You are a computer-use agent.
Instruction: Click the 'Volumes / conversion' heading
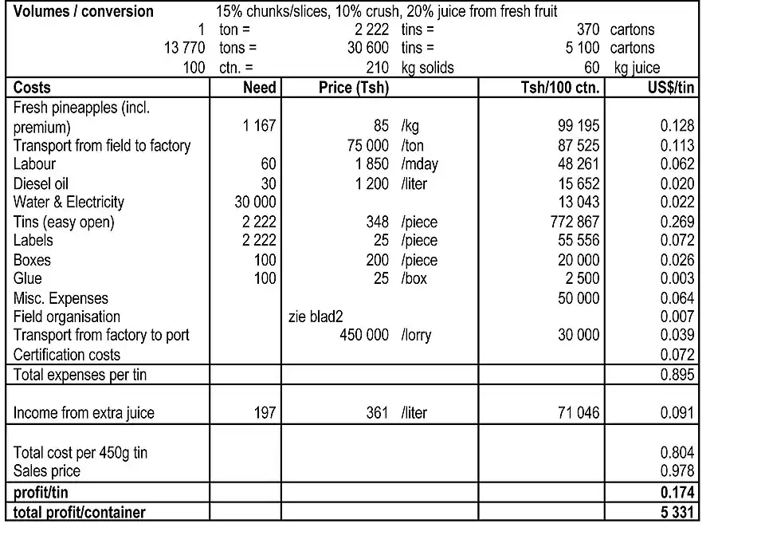click(x=84, y=11)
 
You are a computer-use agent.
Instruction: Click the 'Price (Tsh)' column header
click(x=353, y=88)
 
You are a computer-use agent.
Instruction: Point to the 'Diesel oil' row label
click(x=41, y=183)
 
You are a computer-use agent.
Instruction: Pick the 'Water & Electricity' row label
click(x=69, y=203)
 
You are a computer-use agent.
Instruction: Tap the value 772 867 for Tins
click(x=575, y=222)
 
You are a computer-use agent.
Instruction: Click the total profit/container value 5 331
click(x=677, y=512)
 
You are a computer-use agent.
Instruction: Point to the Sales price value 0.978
click(x=677, y=471)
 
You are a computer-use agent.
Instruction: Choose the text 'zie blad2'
click(x=316, y=317)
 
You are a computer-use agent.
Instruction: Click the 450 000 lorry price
click(x=364, y=336)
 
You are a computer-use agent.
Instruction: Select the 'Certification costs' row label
click(x=67, y=355)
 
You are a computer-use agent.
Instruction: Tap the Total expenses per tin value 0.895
click(x=677, y=375)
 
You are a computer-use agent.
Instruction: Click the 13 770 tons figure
click(x=184, y=48)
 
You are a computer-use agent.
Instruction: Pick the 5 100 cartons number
click(x=583, y=48)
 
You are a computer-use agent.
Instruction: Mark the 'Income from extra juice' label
click(x=84, y=413)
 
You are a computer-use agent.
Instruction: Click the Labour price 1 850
click(x=371, y=164)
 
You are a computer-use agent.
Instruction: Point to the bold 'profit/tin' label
click(x=41, y=493)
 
